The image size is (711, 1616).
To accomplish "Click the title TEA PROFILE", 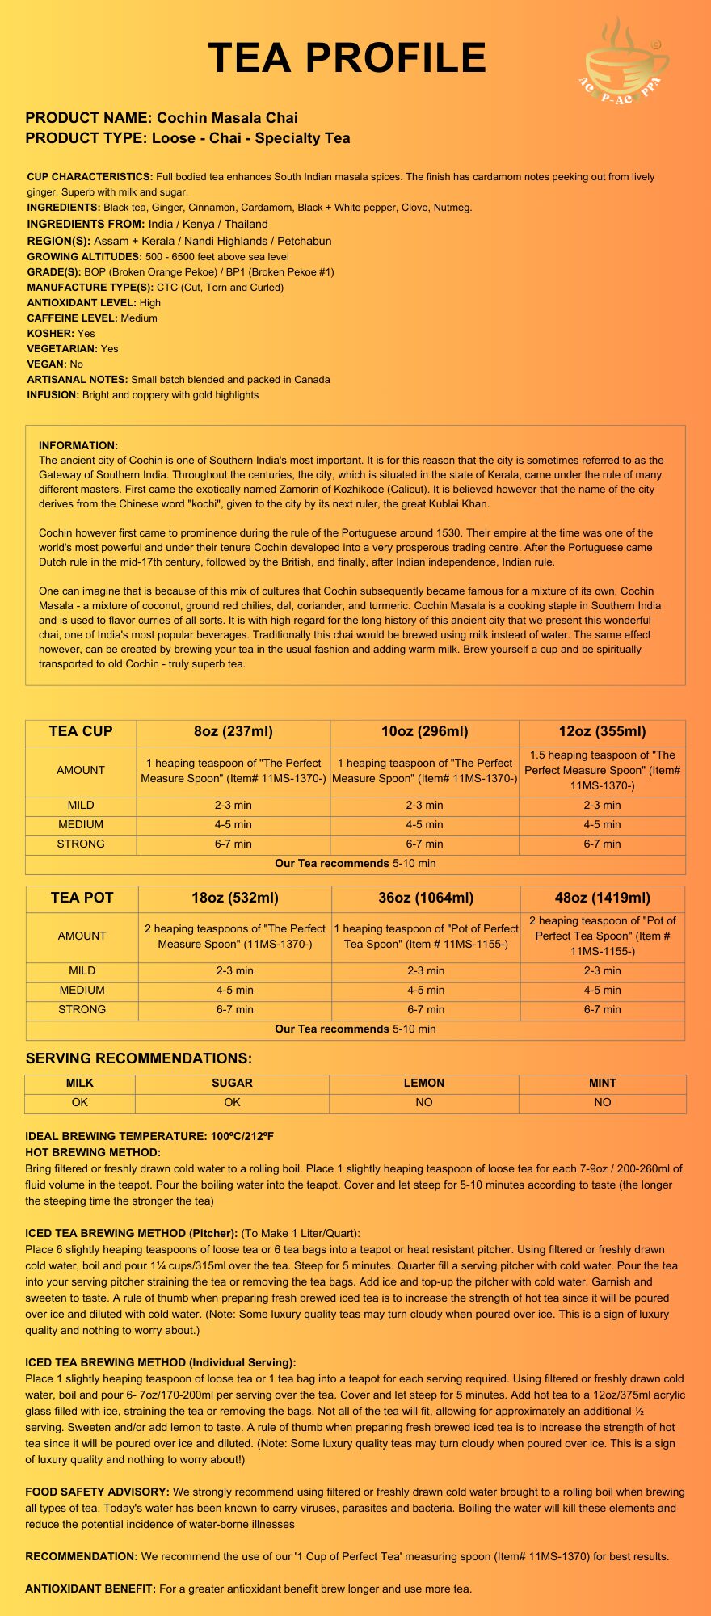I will [347, 58].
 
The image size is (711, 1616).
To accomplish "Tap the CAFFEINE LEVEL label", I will [72, 318].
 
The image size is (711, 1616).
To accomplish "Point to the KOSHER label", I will [50, 334].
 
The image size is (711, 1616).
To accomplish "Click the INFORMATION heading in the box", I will [78, 445].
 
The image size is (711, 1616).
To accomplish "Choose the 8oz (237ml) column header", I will [233, 732].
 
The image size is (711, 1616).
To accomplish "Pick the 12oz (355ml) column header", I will [602, 732].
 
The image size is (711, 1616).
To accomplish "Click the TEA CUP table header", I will [81, 732].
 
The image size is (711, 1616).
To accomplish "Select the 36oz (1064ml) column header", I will [426, 898].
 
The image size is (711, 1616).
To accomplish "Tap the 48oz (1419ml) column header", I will [602, 898].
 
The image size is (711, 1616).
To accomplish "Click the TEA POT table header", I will [82, 898].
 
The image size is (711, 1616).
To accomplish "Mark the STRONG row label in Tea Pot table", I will [82, 1010].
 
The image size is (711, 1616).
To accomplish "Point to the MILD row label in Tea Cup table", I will [81, 806].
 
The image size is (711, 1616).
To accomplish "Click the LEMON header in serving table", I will [424, 1084].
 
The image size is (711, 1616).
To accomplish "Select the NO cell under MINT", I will [602, 1103].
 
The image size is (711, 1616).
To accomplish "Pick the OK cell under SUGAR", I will [232, 1103].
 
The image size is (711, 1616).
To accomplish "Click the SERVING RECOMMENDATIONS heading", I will [138, 1058].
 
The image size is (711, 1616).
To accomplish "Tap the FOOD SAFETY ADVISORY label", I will [97, 1492].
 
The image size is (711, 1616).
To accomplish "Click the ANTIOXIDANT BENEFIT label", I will [90, 1589].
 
